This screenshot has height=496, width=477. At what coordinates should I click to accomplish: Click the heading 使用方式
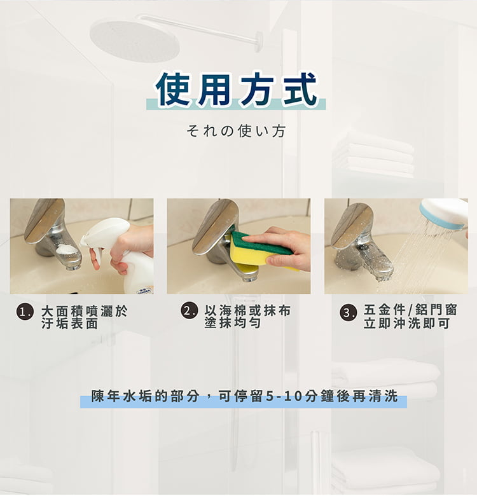pyautogui.click(x=236, y=89)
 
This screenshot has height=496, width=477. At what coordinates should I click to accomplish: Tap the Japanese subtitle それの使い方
pyautogui.click(x=236, y=131)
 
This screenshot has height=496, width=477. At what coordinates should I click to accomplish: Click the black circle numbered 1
pyautogui.click(x=25, y=312)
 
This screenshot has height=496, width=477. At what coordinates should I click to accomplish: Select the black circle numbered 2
pyautogui.click(x=189, y=310)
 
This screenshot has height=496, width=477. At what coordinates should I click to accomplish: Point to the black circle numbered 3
pyautogui.click(x=348, y=312)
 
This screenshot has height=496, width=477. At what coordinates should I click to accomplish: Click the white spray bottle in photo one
pyautogui.click(x=121, y=250)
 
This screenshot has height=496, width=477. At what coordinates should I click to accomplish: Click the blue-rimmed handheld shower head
pyautogui.click(x=443, y=214)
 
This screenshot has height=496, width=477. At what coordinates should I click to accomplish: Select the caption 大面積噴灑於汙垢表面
pyautogui.click(x=84, y=317)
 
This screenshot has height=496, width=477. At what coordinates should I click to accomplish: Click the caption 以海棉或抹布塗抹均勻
pyautogui.click(x=247, y=317)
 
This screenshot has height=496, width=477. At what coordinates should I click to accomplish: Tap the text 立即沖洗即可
pyautogui.click(x=406, y=324)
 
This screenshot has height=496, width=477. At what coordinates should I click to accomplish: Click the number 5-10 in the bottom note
pyautogui.click(x=284, y=396)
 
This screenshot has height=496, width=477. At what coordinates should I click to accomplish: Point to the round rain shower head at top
pyautogui.click(x=134, y=41)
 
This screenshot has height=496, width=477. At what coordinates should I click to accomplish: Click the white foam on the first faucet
pyautogui.click(x=66, y=250)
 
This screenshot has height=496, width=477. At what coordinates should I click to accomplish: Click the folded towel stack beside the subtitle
pyautogui.click(x=375, y=155)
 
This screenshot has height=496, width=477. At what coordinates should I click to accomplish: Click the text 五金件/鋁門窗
pyautogui.click(x=410, y=310)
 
